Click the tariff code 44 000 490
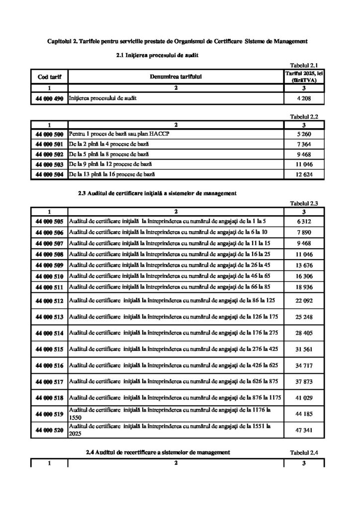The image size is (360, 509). pyautogui.click(x=49, y=98)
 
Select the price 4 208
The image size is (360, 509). pyautogui.click(x=303, y=98)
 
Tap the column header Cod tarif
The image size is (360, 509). pyautogui.click(x=49, y=77)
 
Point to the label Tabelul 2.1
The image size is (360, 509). pyautogui.click(x=303, y=64)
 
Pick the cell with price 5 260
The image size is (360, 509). pyautogui.click(x=303, y=134)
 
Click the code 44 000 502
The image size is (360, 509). pyautogui.click(x=49, y=154)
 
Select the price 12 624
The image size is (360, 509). pyautogui.click(x=303, y=174)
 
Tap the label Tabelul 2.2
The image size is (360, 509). pyautogui.click(x=303, y=116)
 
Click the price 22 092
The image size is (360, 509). pyautogui.click(x=303, y=301)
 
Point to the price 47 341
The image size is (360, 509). pyautogui.click(x=303, y=431)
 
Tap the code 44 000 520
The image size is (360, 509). pyautogui.click(x=49, y=431)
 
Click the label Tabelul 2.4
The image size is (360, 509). pyautogui.click(x=303, y=453)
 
